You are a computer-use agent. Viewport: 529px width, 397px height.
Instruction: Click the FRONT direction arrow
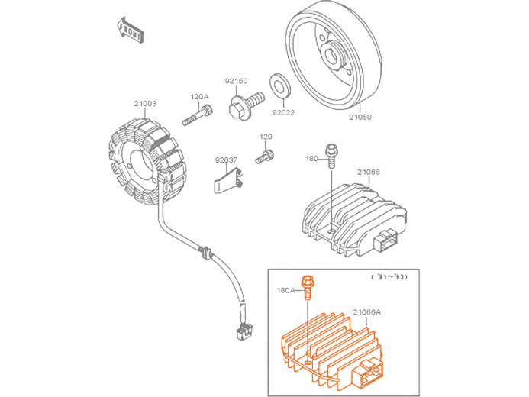(130, 30)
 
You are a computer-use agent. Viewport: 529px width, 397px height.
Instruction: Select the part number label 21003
(145, 104)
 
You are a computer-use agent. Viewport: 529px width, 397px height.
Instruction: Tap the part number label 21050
(360, 117)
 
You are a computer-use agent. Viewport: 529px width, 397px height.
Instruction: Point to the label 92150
(236, 81)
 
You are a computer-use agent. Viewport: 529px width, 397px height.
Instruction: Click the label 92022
(283, 113)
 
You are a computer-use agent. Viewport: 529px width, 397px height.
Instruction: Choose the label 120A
(199, 97)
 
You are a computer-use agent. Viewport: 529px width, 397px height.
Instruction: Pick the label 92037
(226, 160)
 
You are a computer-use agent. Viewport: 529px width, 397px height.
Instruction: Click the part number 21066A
(366, 312)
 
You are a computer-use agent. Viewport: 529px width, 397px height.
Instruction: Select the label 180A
(285, 290)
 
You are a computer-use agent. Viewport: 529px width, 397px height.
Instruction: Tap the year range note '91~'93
(389, 277)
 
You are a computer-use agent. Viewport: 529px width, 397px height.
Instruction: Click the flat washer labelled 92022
(279, 87)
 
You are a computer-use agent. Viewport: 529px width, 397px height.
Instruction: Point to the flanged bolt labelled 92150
(246, 104)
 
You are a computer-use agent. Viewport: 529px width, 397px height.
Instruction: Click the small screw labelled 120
(264, 157)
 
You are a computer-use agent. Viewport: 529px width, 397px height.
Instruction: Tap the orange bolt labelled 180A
(307, 287)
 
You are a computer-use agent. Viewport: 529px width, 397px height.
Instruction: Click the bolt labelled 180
(331, 156)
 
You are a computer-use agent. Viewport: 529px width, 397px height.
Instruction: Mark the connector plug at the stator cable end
(244, 331)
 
